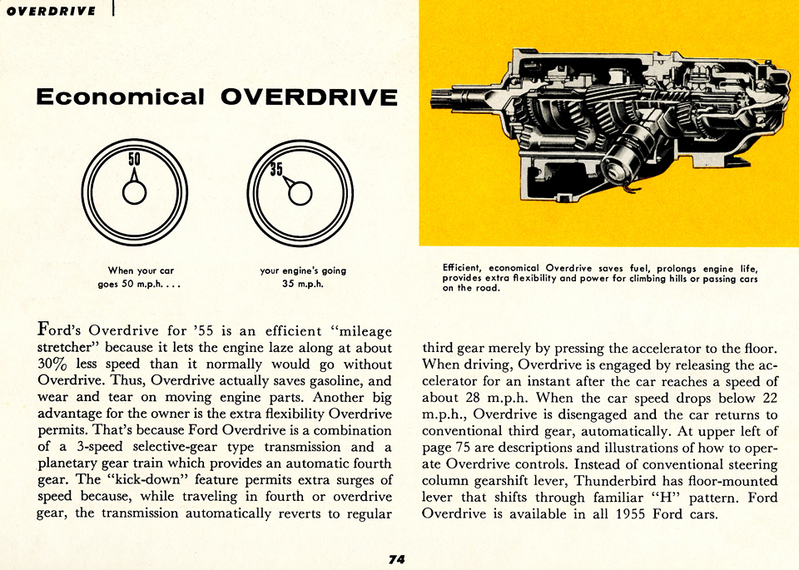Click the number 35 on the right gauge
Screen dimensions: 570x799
[276, 170]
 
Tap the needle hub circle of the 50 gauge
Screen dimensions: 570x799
[134, 192]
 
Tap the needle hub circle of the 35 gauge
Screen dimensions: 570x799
[300, 193]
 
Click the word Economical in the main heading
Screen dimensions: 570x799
[121, 97]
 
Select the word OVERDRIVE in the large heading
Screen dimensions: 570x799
[309, 97]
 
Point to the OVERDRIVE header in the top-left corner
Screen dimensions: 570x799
[49, 11]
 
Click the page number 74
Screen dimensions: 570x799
[396, 558]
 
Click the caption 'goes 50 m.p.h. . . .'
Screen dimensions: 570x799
[140, 284]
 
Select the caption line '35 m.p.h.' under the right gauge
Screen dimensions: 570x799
[303, 284]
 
